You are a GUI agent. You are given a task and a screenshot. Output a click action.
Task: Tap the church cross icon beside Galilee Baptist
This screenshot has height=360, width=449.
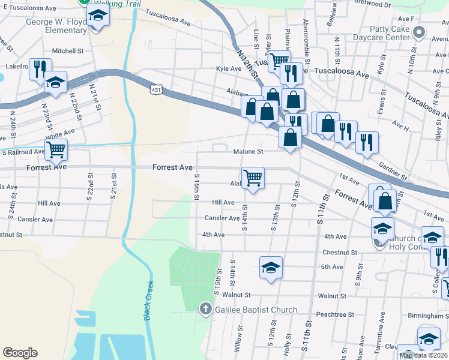(x=205, y=310)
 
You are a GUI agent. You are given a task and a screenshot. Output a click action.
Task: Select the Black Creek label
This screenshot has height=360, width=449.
(x=149, y=301)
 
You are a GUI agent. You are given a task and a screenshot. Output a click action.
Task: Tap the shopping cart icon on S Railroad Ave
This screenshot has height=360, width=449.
(x=56, y=149)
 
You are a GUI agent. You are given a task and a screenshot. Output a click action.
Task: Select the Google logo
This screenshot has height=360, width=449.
(x=20, y=353)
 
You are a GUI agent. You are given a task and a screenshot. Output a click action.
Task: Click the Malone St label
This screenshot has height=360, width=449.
(x=249, y=152)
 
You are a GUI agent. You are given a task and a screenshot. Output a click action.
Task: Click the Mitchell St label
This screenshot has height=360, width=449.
(x=67, y=51)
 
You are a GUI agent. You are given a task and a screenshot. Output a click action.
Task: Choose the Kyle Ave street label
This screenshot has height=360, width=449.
(x=228, y=69)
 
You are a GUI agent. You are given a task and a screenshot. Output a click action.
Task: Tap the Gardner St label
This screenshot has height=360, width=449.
(x=393, y=171)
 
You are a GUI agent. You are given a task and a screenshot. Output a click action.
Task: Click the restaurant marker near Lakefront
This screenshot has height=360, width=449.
(x=40, y=68)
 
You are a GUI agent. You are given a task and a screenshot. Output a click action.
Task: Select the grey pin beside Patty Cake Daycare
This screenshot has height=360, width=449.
(x=420, y=32)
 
